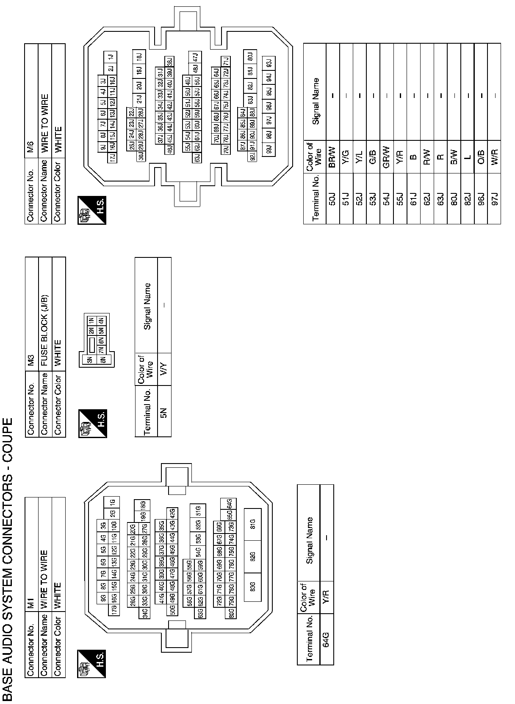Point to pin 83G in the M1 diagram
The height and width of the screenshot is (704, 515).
click(x=252, y=587)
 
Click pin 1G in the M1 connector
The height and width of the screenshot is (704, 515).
click(x=112, y=502)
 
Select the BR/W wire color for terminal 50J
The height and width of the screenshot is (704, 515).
click(x=332, y=157)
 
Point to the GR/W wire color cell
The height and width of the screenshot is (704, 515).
click(x=386, y=157)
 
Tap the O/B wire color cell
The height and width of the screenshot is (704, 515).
click(x=481, y=157)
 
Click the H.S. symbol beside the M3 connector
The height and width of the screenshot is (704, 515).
click(x=92, y=423)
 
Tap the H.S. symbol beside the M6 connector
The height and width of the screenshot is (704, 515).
click(x=92, y=210)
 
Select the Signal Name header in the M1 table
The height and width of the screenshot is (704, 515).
click(x=309, y=540)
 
